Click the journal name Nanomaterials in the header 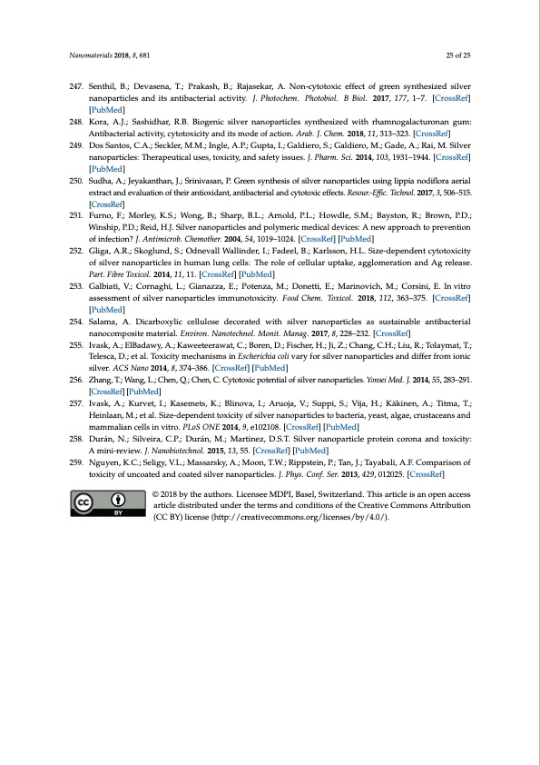pyautogui.click(x=90, y=56)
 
